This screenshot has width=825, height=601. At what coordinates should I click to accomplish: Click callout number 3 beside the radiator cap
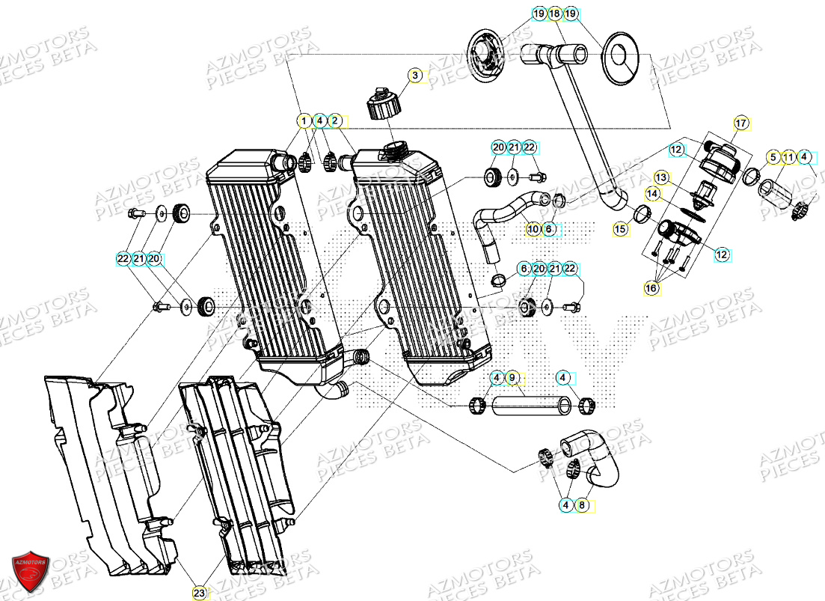416,75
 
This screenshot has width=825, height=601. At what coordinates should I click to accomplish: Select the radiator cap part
382,104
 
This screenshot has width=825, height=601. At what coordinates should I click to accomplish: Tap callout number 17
740,123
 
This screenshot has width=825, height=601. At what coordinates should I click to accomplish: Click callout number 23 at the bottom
199,593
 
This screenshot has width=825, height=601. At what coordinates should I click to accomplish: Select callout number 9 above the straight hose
512,377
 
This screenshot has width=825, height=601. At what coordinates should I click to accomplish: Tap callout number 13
661,177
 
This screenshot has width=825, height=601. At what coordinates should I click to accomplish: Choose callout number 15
620,230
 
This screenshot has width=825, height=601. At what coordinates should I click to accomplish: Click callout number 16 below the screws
651,287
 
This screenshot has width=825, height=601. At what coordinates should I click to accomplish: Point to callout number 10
533,229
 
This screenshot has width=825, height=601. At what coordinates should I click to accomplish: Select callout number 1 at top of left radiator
304,120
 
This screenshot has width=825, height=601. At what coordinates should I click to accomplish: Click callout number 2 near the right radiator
335,120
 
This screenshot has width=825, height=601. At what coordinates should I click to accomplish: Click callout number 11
788,157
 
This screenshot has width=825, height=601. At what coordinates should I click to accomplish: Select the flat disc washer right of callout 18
621,55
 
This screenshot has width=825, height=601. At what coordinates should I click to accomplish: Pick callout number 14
653,193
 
